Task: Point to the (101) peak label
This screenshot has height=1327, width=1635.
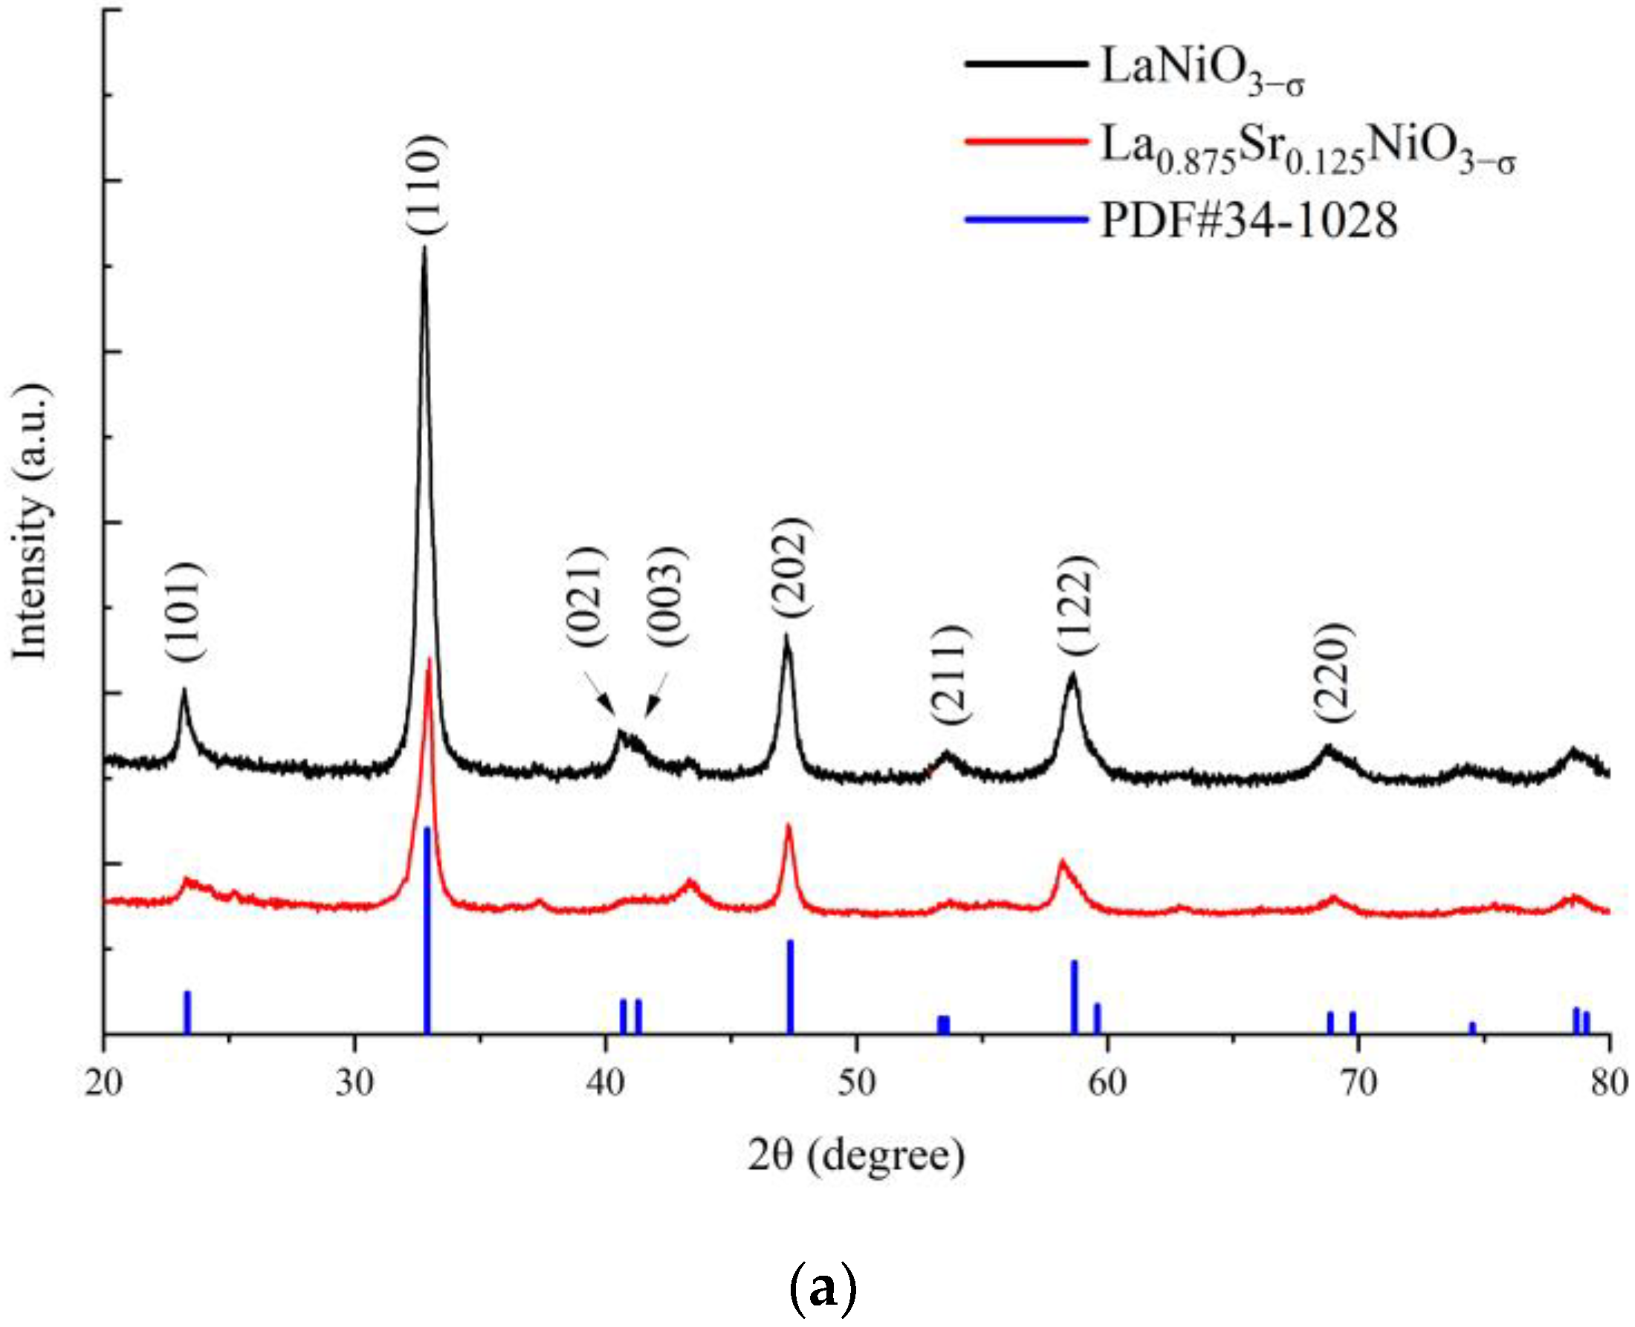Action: [184, 612]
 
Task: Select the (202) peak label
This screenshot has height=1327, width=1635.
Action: [788, 567]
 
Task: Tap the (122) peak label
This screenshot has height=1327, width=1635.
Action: [1075, 605]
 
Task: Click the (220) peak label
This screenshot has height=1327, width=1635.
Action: [1334, 672]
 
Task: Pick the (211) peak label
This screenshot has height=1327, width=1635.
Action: [950, 674]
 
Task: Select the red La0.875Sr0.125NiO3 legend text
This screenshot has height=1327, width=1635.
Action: [1307, 148]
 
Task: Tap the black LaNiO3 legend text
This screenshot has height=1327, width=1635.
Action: [1202, 71]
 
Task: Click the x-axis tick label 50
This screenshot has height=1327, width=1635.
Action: [856, 1083]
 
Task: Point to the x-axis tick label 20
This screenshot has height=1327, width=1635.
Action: [104, 1083]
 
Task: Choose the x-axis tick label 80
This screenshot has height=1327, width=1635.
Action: [1610, 1083]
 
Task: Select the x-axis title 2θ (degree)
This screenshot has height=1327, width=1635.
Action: [856, 1157]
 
